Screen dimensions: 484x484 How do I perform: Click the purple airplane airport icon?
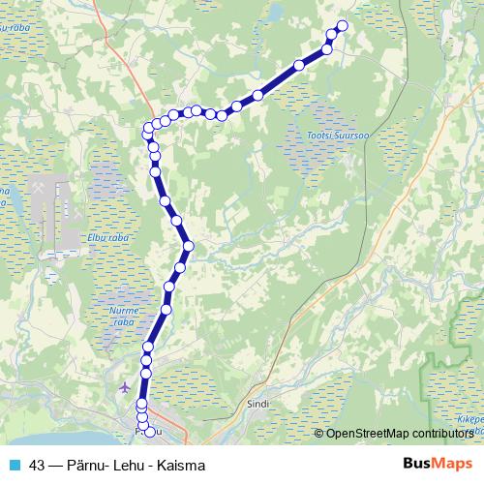(x=124, y=387)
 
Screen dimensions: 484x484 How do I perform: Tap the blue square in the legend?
(x=14, y=465)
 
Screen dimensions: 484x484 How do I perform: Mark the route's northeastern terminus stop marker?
(x=342, y=25)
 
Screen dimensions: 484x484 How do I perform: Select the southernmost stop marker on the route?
(x=150, y=430)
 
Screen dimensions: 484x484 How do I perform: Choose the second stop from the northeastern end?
(x=332, y=35)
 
